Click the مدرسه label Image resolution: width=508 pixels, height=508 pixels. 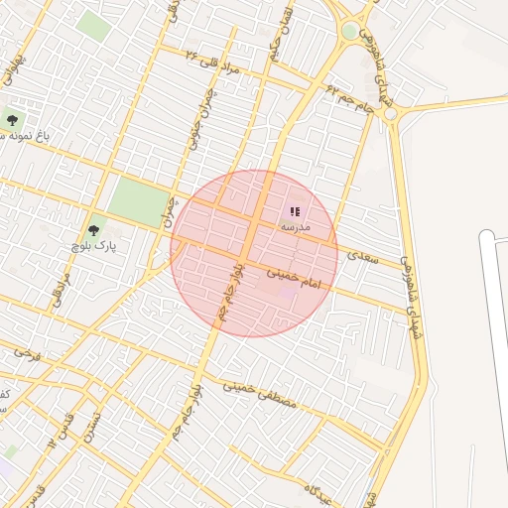point(295,227)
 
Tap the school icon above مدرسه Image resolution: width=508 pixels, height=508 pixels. point(295,211)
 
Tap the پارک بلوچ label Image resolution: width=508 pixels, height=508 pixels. point(93,243)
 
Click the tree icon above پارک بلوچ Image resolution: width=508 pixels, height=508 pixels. point(95,227)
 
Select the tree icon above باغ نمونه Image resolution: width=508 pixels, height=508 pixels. point(12,120)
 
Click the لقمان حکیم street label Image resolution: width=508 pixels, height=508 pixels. point(276,36)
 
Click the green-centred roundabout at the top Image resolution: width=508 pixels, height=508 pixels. point(349,31)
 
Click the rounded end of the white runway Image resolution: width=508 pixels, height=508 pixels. point(486,238)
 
